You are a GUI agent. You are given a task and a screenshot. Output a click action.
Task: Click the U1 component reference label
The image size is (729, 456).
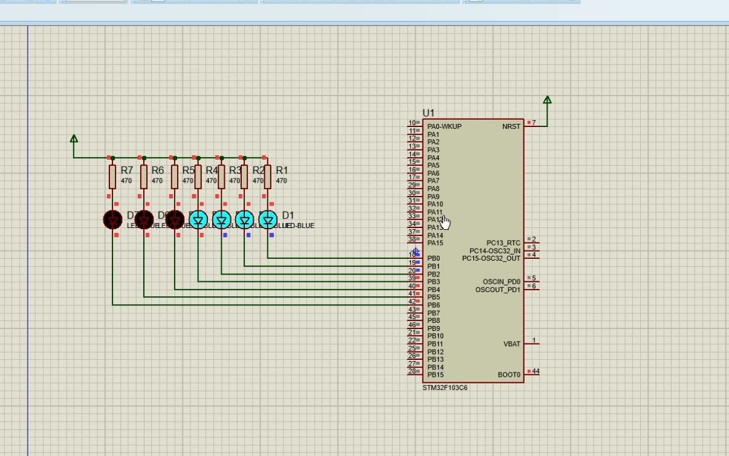[x=429, y=113]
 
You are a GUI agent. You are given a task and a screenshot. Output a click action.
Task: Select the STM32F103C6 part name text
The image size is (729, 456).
[x=444, y=388]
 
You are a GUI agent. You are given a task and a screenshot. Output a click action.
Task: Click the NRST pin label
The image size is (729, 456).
[x=511, y=126]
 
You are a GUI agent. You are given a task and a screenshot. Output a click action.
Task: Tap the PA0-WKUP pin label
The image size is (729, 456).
[x=444, y=126]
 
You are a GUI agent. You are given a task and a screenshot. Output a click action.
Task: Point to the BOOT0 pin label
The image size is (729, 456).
[x=509, y=375]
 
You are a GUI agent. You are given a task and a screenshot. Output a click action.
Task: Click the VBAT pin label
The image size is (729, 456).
[x=511, y=344]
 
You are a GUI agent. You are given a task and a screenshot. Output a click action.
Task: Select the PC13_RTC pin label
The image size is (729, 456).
[x=503, y=243]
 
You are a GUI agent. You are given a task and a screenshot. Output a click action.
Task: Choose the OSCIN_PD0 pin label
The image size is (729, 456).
[x=501, y=282]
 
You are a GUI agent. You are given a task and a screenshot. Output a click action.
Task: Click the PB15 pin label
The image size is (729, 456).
[x=435, y=375]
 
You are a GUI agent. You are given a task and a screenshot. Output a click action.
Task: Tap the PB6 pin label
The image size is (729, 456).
[x=433, y=305]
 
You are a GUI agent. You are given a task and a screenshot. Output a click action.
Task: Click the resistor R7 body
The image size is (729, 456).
[x=112, y=177]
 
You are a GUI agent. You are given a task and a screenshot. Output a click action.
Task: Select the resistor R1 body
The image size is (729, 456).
[x=268, y=177]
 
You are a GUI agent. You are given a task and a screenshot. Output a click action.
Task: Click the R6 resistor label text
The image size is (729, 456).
[x=157, y=171]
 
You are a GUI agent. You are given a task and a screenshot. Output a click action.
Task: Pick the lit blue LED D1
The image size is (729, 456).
[x=268, y=219]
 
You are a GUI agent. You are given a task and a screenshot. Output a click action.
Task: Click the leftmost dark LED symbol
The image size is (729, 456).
[x=112, y=219]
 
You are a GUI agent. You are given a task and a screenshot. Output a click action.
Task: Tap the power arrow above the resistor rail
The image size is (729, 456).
[x=74, y=139]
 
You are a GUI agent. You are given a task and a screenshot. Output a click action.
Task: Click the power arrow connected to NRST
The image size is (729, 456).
[x=547, y=100]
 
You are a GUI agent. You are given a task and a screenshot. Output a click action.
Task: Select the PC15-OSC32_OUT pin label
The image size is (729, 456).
[x=491, y=259]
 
